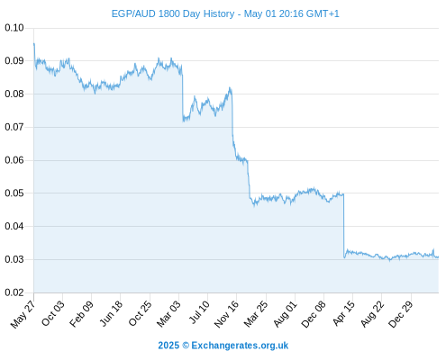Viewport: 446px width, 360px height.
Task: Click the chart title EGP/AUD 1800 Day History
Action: pos(173,13)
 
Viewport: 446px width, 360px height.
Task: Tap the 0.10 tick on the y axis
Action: pos(14,28)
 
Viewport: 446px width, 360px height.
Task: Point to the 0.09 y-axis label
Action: pos(14,61)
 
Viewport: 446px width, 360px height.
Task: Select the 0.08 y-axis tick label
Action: pos(14,94)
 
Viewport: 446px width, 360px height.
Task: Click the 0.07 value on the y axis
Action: pos(14,127)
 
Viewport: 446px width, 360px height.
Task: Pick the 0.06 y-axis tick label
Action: pos(14,160)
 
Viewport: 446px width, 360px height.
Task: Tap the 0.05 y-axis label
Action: pos(14,193)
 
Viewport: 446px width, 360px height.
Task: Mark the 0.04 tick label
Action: pos(14,226)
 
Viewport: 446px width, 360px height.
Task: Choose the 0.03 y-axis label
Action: pos(14,259)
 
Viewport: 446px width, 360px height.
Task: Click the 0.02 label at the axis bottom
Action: pos(14,292)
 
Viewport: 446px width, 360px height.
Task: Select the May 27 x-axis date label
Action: pos(23,314)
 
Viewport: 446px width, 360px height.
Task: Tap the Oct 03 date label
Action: pos(53,313)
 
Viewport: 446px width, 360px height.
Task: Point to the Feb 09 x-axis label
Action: pos(81,314)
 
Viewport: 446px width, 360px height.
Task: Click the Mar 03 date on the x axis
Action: pos(168,314)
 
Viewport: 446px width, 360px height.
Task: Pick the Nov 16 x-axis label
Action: pos(226,314)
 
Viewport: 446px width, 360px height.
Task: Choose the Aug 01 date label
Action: pos(285,314)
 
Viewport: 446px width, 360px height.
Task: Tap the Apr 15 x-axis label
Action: pos(343,313)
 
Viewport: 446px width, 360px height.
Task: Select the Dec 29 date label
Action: pos(401,314)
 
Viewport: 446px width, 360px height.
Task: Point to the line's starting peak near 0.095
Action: pos(34,44)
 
